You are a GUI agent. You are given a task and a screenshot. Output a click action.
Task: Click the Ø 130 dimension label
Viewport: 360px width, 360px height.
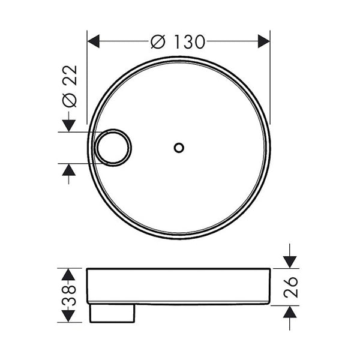tap(178, 41)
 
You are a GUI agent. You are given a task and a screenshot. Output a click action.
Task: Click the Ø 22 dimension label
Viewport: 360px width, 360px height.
tap(70, 85)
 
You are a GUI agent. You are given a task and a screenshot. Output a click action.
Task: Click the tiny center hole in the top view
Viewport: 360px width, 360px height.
tap(178, 147)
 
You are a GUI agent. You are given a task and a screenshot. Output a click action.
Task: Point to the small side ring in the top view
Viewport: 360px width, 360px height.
tap(113, 147)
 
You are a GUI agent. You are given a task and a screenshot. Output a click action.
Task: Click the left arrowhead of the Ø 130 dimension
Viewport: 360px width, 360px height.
tap(94, 41)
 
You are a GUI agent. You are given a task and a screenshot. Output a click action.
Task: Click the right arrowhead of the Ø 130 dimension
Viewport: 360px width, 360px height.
tap(264, 41)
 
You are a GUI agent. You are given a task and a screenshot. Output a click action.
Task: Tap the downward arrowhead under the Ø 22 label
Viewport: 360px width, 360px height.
tap(69, 125)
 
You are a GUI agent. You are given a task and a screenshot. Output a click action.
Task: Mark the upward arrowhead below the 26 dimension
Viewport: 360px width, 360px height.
tap(290, 311)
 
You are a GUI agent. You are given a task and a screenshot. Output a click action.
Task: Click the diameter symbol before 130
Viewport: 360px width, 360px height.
tap(158, 41)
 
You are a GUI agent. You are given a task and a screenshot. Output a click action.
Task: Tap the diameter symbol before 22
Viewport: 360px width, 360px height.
tap(70, 100)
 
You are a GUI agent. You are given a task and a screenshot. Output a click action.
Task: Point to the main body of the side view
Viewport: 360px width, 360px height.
tap(178, 286)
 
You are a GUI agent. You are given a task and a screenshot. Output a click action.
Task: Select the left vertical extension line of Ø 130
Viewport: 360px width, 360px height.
tap(88, 78)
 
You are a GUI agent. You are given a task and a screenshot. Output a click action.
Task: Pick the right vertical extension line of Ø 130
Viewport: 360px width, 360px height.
tap(270, 78)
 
